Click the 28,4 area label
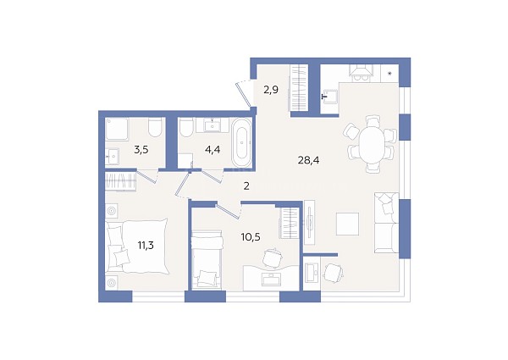pos(308,160)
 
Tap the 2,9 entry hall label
pos(271,90)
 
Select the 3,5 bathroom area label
pos(141,150)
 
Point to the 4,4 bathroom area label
pos(213,150)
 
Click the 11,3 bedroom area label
pos(146,246)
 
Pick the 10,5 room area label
pos(251,237)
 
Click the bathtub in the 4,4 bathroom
pos(241,142)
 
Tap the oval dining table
pos(371,144)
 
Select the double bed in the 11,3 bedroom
pos(136,246)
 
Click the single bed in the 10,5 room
pos(207,259)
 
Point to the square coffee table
pos(347,224)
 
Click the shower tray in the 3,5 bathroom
pos(117,129)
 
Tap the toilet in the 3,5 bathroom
pos(155,127)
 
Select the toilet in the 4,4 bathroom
pos(186,128)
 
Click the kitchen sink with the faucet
pos(329,96)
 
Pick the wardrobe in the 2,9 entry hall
pos(299,88)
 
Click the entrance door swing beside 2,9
pos(244,93)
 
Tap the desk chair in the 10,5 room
pos(272,258)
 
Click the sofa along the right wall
pos(386,223)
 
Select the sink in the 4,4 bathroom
pos(213,125)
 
